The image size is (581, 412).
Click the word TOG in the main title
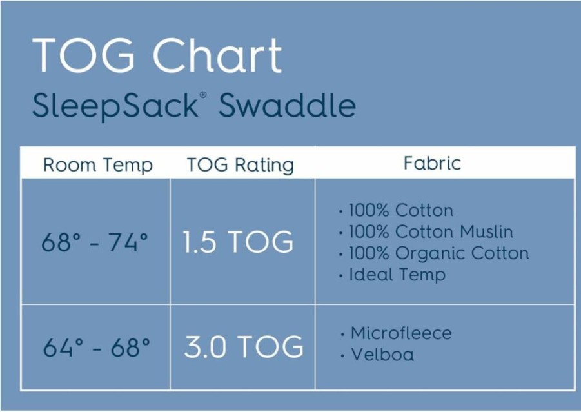[x=83, y=55]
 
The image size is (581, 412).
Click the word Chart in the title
[x=218, y=55]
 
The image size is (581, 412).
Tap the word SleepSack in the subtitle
[x=115, y=106]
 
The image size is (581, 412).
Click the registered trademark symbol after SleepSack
[x=203, y=95]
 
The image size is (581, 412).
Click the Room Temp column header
[x=98, y=165]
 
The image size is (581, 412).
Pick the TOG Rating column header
[x=241, y=165]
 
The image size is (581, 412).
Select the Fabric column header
[x=433, y=163]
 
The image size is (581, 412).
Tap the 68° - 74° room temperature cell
[x=95, y=242]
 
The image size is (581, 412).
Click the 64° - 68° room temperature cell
[x=96, y=347]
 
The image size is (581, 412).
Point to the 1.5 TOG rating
[x=239, y=242]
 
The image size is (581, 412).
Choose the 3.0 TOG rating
[x=244, y=347]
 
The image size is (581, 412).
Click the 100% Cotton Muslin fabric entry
[x=431, y=232]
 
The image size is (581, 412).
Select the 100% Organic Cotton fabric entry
[x=439, y=253]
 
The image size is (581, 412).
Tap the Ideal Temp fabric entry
[x=397, y=275]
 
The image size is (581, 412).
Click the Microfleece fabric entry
[x=401, y=333]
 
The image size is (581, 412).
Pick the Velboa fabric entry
[x=382, y=355]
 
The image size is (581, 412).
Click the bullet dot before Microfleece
[x=342, y=335]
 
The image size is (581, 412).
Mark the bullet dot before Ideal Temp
[x=341, y=277]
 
